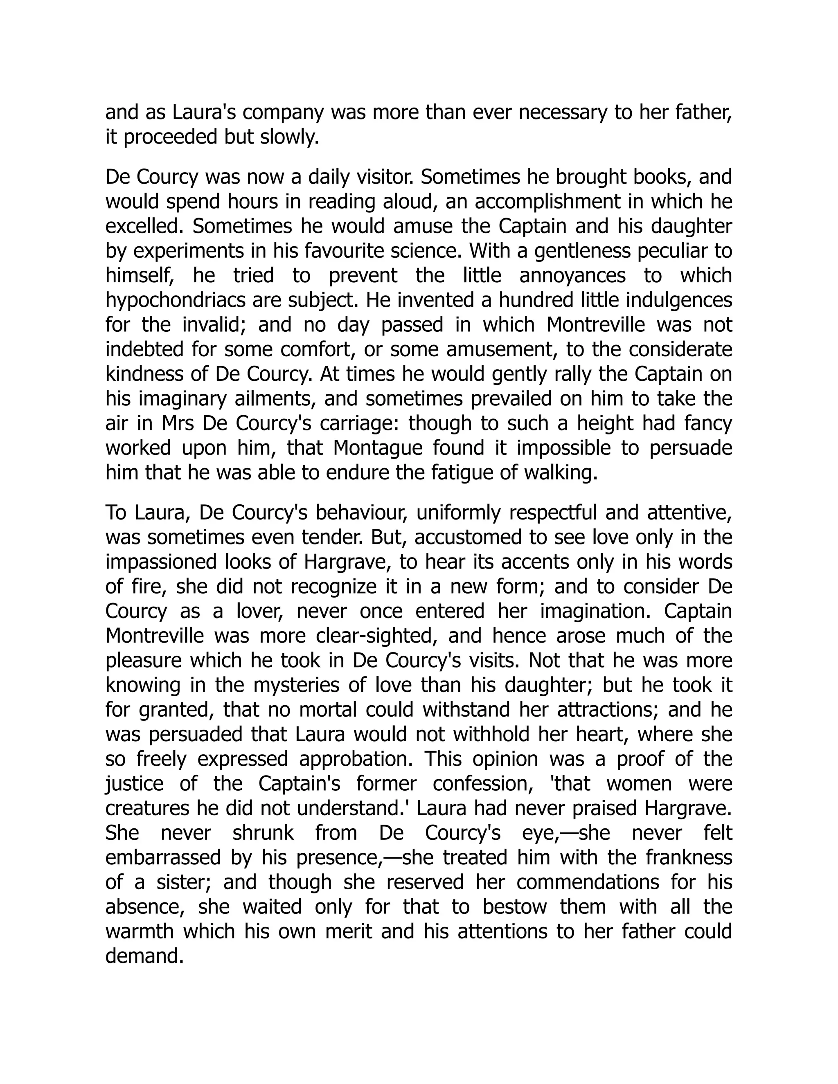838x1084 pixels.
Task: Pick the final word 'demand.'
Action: click(144, 956)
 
